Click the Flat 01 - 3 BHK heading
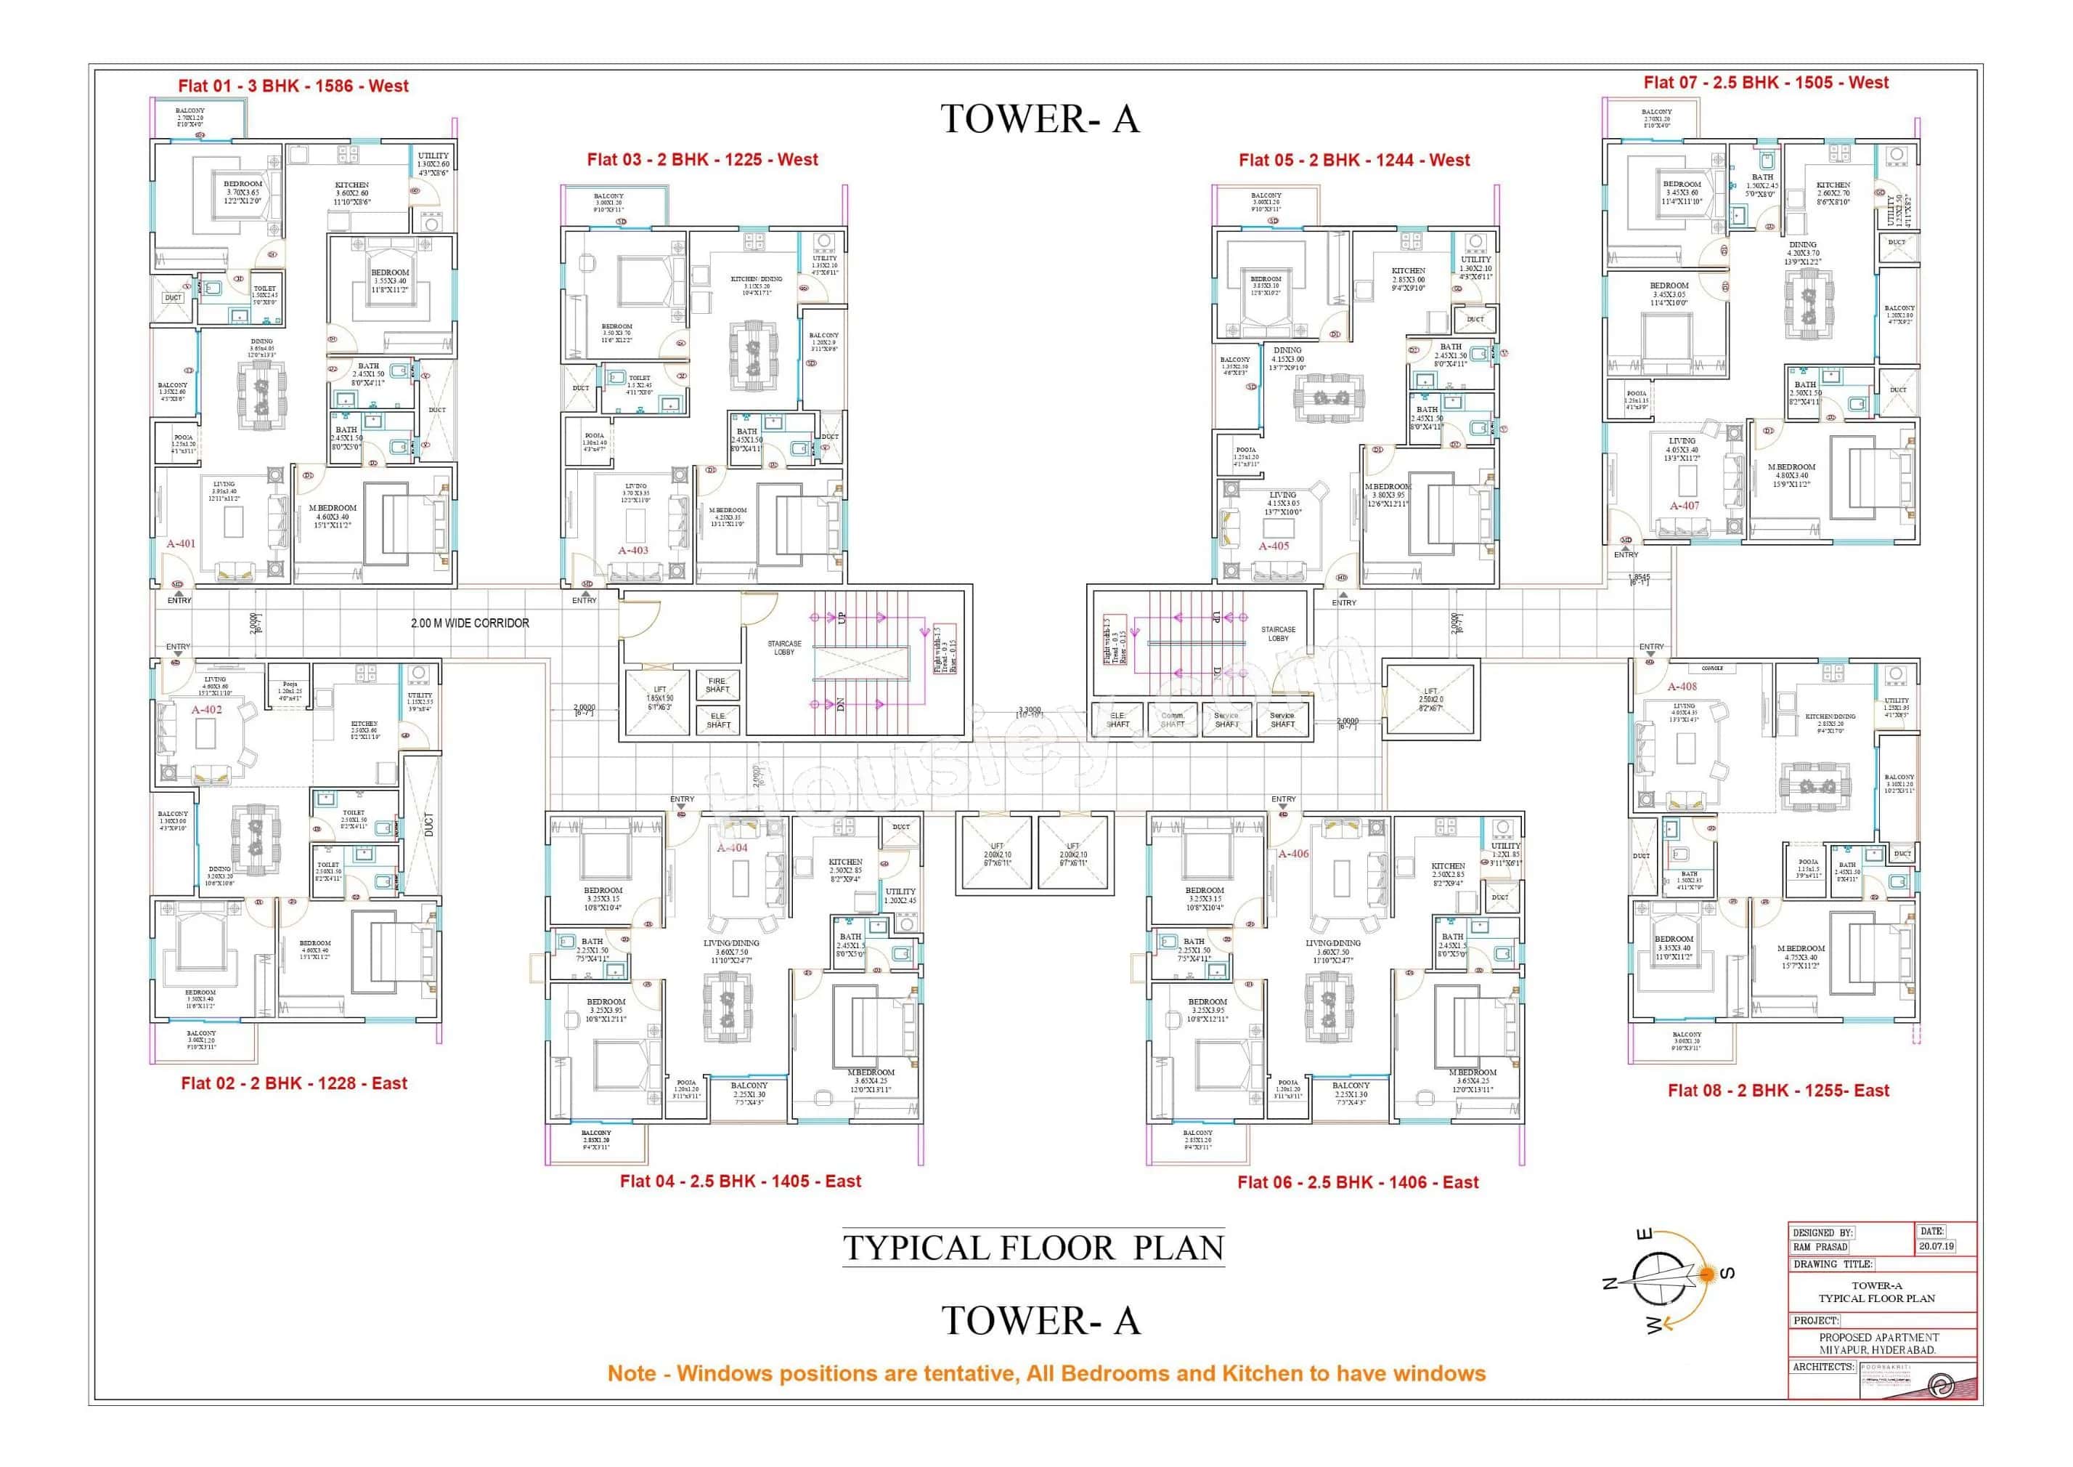[x=293, y=86]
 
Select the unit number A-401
[x=181, y=543]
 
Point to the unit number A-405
[x=1274, y=546]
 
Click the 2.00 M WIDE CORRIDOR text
[x=470, y=623]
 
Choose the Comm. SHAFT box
[x=1172, y=720]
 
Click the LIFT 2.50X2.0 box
[x=1431, y=700]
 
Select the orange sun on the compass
[x=1706, y=1274]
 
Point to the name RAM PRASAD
[x=1820, y=1248]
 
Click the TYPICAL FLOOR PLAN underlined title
[x=1033, y=1248]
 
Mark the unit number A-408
[x=1682, y=687]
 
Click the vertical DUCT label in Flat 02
[x=428, y=824]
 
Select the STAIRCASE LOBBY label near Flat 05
[x=1278, y=634]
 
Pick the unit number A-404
[x=732, y=848]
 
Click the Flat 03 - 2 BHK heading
[x=701, y=160]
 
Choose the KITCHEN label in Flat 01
[x=352, y=185]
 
